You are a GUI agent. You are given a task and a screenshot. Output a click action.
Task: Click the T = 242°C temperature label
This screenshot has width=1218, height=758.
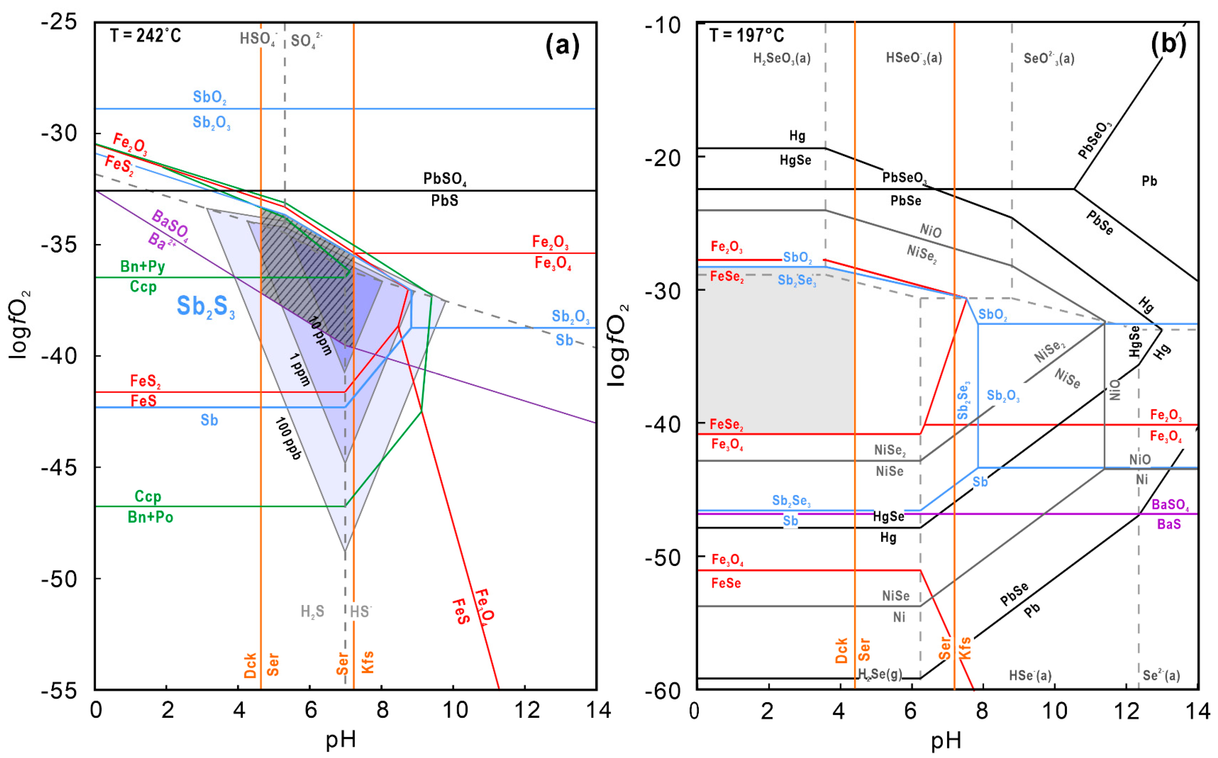[x=145, y=36]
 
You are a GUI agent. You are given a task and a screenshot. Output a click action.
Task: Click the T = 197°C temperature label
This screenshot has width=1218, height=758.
[x=747, y=36]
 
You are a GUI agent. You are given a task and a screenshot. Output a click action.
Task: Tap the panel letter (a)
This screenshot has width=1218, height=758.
[x=562, y=46]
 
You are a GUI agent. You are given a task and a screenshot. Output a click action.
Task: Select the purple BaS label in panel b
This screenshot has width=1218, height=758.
[x=1169, y=524]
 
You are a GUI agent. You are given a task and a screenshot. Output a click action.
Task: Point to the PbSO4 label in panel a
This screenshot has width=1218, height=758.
[x=445, y=179]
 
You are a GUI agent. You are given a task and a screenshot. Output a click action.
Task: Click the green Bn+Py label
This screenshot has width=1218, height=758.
[x=142, y=266]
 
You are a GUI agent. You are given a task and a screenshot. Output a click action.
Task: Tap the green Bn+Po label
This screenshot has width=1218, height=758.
[x=150, y=517]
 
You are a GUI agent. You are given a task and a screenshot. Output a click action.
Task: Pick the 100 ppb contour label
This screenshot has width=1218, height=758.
[x=288, y=439]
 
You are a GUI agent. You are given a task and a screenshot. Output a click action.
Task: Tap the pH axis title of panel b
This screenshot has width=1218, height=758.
[x=946, y=741]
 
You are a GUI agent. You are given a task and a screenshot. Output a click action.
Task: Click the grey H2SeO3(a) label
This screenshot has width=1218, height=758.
[x=782, y=59]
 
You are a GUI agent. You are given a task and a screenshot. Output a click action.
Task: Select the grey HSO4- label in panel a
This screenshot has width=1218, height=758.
[x=258, y=39]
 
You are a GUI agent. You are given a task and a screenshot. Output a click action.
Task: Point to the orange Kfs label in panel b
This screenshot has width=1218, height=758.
[x=964, y=648]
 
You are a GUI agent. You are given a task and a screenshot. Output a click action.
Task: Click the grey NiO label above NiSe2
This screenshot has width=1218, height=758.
[x=930, y=231]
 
